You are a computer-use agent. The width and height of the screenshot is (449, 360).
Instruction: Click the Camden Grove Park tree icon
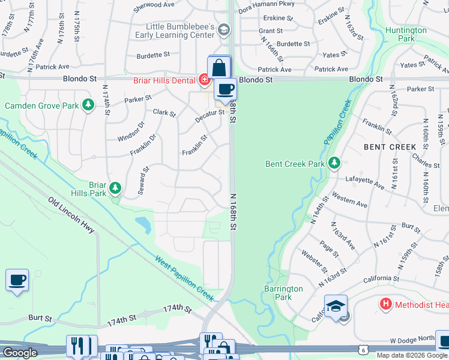point(88,106)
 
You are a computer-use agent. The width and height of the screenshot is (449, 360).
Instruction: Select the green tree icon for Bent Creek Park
point(334,163)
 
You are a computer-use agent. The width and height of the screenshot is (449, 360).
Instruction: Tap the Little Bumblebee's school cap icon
point(223,29)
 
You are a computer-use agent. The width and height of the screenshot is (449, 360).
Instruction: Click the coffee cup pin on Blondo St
point(225,90)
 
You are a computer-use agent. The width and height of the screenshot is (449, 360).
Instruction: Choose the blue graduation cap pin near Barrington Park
point(336,306)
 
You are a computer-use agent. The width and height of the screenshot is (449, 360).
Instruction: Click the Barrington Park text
point(283,293)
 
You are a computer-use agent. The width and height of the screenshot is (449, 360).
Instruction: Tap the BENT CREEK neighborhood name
point(390,146)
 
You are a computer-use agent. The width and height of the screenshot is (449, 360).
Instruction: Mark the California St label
point(381,279)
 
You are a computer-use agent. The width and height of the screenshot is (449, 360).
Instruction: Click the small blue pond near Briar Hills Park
point(143,225)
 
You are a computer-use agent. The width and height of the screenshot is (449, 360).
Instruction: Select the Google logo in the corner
point(20,353)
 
